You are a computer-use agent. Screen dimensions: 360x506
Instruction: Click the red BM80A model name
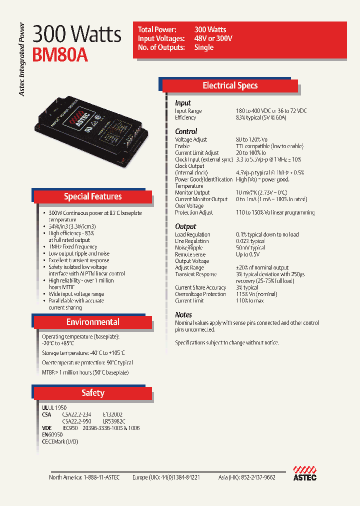60,54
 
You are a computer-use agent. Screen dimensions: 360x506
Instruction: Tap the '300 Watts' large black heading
77,34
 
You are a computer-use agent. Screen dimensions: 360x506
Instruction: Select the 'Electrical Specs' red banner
230,85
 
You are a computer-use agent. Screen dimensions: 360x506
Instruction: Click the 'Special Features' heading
92,196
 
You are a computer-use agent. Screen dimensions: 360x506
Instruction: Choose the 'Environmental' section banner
92,322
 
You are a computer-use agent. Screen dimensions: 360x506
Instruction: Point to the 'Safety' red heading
92,393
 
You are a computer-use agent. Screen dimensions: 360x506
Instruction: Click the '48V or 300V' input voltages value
213,38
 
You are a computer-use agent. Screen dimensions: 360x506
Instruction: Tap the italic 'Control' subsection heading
186,131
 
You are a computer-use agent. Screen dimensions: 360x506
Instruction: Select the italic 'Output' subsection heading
185,226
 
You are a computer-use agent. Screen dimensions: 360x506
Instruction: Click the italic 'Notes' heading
183,315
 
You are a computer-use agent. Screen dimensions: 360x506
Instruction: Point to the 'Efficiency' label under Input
185,117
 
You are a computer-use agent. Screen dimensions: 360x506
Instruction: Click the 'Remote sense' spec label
190,254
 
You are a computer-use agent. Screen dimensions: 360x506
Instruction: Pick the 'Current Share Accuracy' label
200,287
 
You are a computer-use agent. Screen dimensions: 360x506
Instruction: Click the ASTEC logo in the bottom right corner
304,472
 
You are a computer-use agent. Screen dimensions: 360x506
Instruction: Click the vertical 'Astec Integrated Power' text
21,59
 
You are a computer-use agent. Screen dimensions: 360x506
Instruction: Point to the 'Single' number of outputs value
204,47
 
